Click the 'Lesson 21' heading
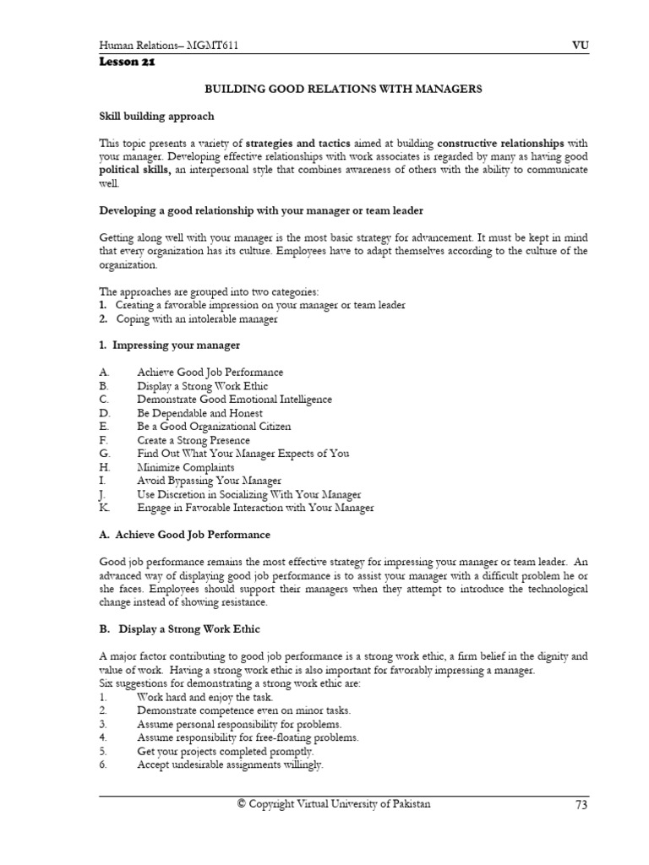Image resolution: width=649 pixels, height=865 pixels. click(x=127, y=62)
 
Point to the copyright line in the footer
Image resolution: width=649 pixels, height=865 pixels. click(x=334, y=804)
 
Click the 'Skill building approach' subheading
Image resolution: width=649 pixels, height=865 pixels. click(x=156, y=116)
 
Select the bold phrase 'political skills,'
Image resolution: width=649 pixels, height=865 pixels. click(x=136, y=170)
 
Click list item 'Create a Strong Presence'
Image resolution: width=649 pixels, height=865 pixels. click(x=194, y=440)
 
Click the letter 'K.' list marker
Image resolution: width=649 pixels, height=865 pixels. click(x=104, y=508)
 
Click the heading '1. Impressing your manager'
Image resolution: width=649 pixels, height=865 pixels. click(x=170, y=345)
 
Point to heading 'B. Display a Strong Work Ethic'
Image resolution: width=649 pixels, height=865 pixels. click(x=180, y=629)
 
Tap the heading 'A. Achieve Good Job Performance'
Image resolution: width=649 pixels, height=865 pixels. click(x=184, y=535)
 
